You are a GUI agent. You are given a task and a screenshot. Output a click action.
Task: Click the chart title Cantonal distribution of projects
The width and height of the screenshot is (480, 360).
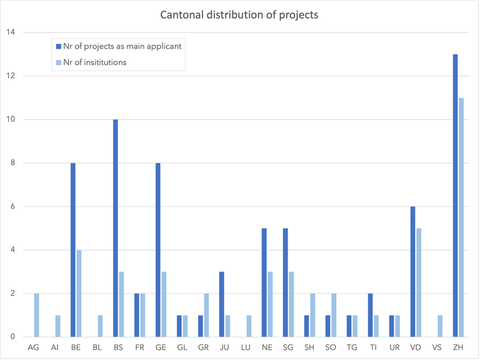click(x=239, y=15)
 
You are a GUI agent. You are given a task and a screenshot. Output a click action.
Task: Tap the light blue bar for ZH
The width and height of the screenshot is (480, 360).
click(x=461, y=217)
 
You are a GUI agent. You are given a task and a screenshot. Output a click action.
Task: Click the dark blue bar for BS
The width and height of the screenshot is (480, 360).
click(x=115, y=228)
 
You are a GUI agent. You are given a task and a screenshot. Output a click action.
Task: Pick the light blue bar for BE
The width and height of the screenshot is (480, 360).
click(x=79, y=294)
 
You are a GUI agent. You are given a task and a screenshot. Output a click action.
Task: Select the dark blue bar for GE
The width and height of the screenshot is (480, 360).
click(x=158, y=250)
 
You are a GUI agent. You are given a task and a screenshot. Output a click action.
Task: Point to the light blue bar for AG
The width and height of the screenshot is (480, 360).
click(x=36, y=316)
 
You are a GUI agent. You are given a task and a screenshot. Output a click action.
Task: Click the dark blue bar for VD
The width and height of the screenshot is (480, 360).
click(x=412, y=272)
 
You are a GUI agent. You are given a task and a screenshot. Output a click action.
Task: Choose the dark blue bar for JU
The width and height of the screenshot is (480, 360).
click(x=222, y=304)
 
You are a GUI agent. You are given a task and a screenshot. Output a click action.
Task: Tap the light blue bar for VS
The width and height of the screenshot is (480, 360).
click(x=440, y=326)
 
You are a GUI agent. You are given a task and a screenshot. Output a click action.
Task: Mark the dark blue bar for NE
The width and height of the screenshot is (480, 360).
click(x=264, y=282)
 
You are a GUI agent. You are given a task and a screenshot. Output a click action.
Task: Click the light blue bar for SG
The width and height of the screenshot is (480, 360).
click(x=292, y=304)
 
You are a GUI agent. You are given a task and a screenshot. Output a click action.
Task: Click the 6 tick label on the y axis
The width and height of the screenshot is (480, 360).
click(x=11, y=207)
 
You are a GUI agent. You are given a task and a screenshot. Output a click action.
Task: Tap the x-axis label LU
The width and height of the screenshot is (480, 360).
click(x=246, y=347)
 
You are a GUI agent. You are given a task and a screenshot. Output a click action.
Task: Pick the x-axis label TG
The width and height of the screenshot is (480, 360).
click(x=352, y=347)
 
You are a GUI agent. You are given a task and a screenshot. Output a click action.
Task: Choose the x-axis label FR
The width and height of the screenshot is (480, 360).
click(x=139, y=347)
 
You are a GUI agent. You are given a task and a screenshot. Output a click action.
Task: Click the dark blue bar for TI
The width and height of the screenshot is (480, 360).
click(x=370, y=316)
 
